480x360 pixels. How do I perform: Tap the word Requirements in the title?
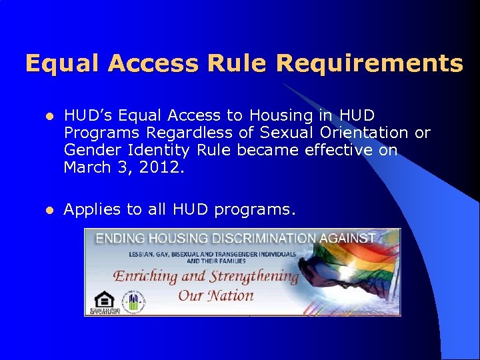point(369,63)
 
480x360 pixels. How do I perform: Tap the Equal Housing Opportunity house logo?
point(104,301)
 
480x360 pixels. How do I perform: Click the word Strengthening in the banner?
point(253,276)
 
